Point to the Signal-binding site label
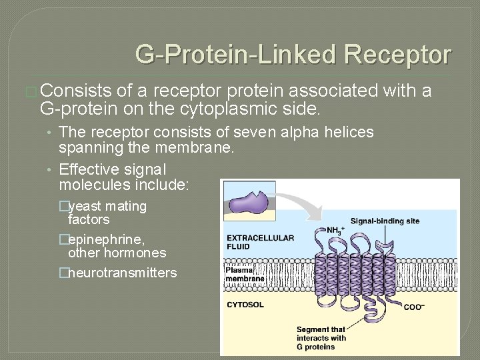click(385, 221)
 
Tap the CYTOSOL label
click(245, 305)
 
